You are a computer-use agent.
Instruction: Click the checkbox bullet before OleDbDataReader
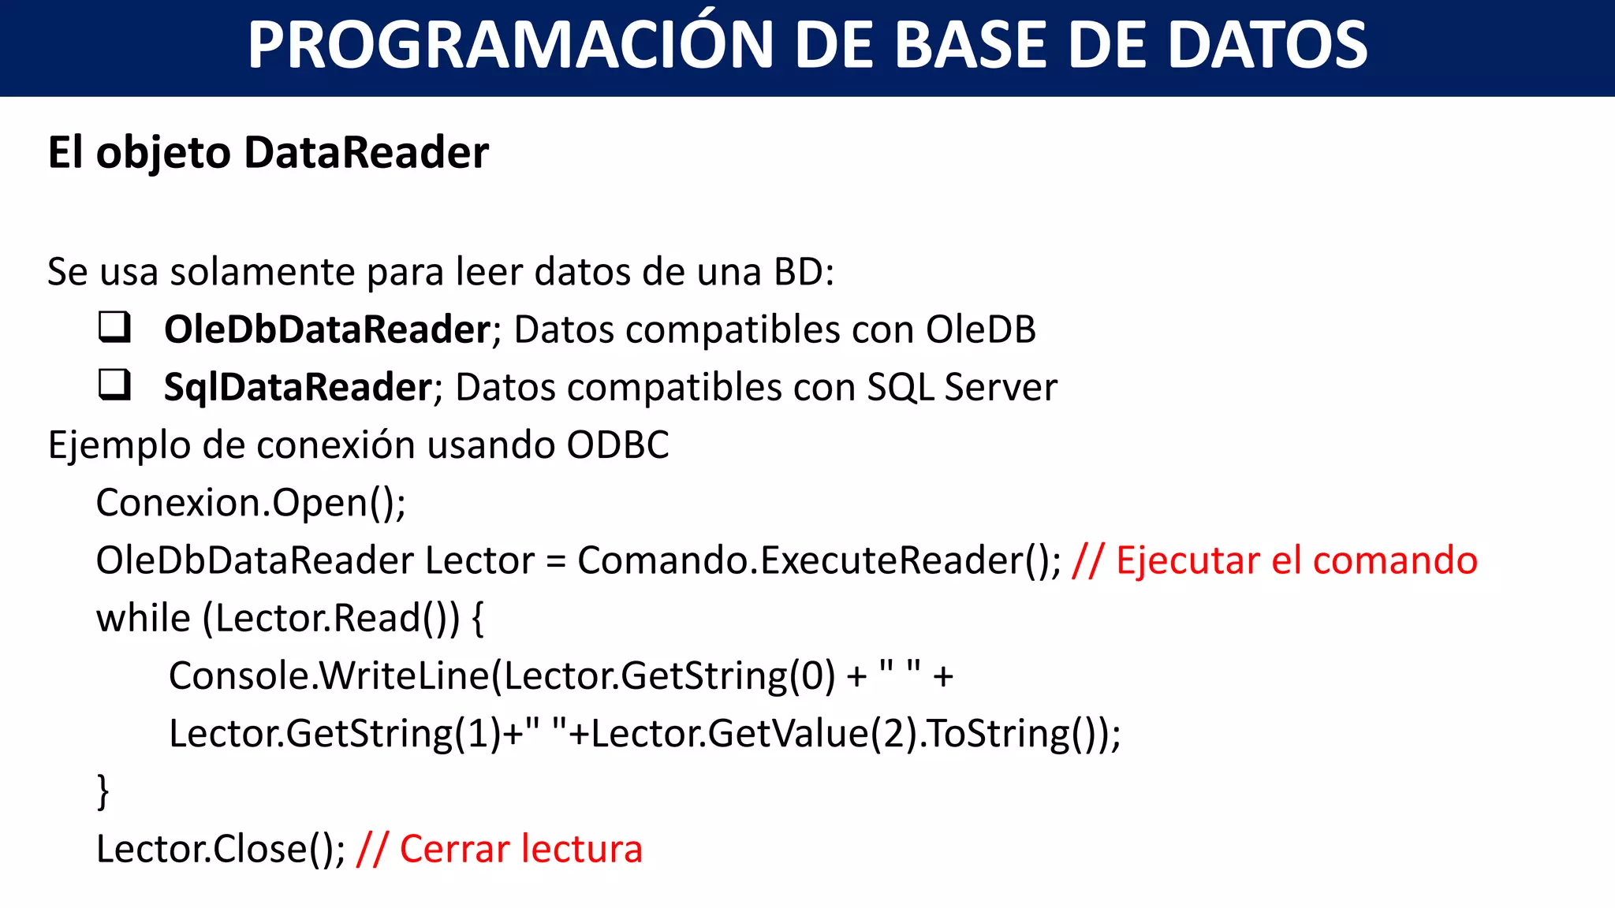(114, 326)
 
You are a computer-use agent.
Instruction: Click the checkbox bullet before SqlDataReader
(114, 385)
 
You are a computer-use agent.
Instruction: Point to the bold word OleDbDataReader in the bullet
(327, 329)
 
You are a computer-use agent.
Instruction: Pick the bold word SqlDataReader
(297, 387)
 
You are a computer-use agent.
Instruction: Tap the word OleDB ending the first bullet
(980, 329)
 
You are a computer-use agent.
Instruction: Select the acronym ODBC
(617, 445)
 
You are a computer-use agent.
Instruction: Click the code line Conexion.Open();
(251, 503)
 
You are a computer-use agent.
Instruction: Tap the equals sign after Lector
(556, 561)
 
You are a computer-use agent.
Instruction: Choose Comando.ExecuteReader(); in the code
(819, 561)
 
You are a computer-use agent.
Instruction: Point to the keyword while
(143, 618)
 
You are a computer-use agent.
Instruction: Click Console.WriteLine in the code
(329, 676)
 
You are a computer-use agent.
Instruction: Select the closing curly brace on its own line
(103, 791)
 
